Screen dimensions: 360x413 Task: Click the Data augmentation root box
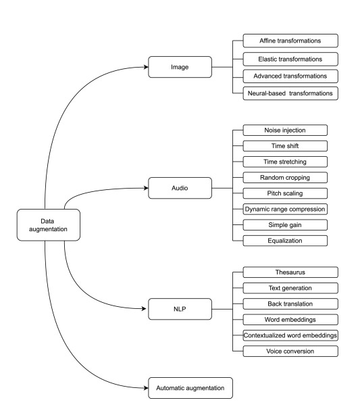[49, 225]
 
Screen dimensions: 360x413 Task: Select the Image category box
[180, 67]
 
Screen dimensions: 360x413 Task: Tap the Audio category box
[180, 188]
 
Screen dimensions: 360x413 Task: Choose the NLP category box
[180, 309]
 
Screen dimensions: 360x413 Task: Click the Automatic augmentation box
[190, 388]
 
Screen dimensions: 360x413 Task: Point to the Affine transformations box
[290, 41]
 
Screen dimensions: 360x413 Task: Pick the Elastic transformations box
[290, 59]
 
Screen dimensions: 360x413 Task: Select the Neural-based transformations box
[290, 93]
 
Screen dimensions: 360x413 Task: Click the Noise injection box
[285, 130]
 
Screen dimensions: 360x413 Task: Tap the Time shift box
[285, 146]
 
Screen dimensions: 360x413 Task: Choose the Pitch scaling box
[285, 193]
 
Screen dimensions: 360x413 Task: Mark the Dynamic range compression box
[285, 209]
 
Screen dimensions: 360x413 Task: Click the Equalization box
[285, 241]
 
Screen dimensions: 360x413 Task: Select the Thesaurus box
[290, 272]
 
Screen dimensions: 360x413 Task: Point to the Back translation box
[290, 303]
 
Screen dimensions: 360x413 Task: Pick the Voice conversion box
[290, 351]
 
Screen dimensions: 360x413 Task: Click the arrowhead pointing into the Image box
[146, 67]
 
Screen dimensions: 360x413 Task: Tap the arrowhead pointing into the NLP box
[144, 309]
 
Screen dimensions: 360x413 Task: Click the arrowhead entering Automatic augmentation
[146, 388]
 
